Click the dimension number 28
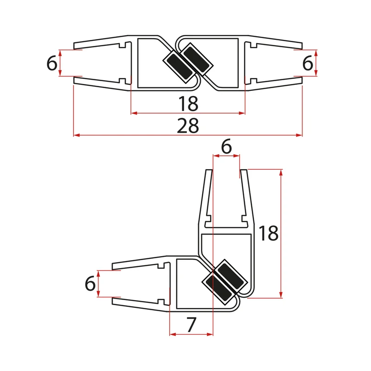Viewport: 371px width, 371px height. click(x=188, y=126)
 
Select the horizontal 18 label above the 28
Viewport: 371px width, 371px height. click(x=188, y=103)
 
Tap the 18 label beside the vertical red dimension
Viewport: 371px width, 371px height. click(x=269, y=233)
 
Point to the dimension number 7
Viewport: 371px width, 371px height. click(x=191, y=325)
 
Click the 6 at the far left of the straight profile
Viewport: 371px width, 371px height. click(x=52, y=63)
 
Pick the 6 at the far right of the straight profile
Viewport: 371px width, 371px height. click(x=308, y=63)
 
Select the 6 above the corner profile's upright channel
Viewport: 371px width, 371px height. click(x=226, y=147)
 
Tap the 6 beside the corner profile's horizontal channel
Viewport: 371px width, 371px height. click(x=90, y=283)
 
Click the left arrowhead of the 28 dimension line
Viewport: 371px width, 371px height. click(x=77, y=135)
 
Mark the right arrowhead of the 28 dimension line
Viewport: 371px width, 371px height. click(x=299, y=135)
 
